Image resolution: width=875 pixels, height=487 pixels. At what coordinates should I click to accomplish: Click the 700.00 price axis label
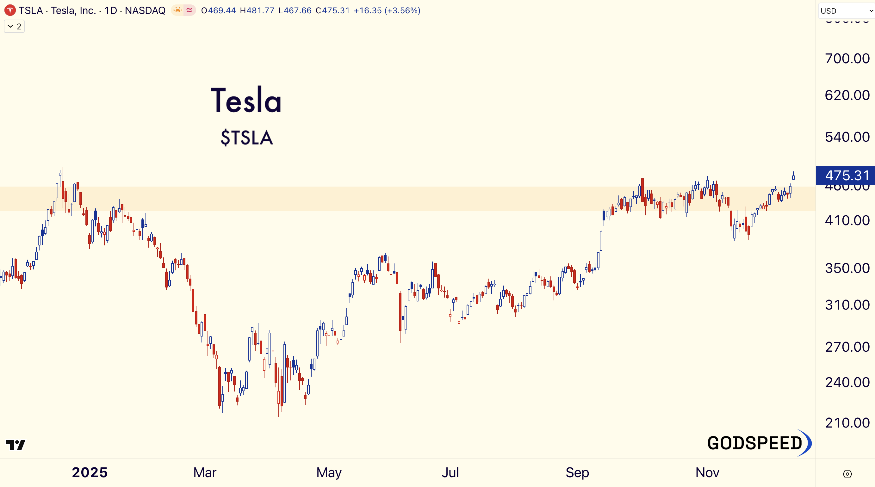pos(847,59)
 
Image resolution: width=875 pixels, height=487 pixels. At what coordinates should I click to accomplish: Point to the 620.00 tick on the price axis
pos(847,96)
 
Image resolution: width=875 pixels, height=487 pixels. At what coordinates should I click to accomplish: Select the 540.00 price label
pos(847,137)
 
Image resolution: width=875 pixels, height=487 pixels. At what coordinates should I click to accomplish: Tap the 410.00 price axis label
pos(847,221)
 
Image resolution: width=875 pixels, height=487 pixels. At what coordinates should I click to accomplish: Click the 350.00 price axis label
pos(847,268)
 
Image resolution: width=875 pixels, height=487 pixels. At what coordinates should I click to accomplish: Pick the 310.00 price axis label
pos(847,305)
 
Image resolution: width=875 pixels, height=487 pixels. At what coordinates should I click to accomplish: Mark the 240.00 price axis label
pos(847,382)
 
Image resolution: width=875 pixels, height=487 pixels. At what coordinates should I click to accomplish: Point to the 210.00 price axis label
pos(847,423)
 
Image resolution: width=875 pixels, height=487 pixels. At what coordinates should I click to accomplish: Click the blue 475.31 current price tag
pos(847,176)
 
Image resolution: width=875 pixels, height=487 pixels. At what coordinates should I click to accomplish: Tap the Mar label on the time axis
pos(205,472)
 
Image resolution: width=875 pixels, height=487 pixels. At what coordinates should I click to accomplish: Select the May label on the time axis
pos(329,472)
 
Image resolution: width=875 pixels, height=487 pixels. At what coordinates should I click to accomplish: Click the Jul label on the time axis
pos(450,472)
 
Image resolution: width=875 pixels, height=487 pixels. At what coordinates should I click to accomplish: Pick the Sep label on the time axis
pos(577,472)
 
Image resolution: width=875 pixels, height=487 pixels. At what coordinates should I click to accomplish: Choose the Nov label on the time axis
pos(707,472)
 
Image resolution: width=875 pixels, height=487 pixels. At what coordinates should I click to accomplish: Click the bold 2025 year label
pos(90,472)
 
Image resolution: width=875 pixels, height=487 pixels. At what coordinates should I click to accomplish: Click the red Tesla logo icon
pos(10,10)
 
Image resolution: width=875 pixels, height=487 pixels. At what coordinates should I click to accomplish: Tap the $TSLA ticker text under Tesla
pos(247,138)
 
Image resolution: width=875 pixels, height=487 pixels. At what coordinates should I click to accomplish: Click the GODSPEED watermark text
pos(755,443)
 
